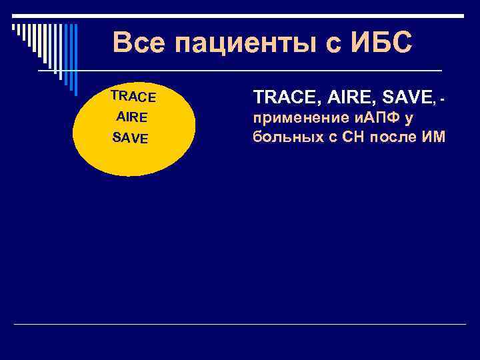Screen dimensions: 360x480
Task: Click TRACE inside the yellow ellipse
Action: [133, 97]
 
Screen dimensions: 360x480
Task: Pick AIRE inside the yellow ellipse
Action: [131, 117]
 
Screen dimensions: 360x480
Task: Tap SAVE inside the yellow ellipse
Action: [131, 138]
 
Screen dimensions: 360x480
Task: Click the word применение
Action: [295, 119]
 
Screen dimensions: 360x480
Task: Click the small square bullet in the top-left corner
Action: [13, 27]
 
